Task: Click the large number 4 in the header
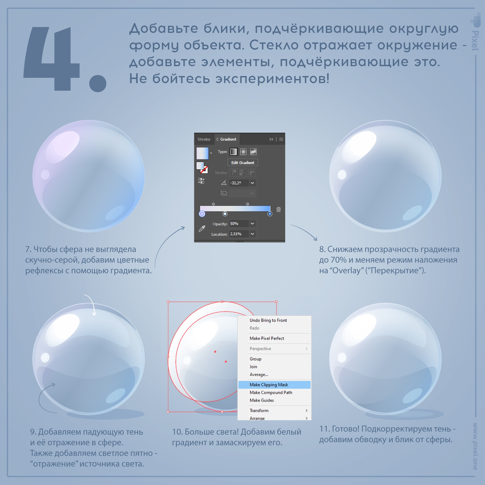pos(52,59)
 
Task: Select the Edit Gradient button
pos(243,162)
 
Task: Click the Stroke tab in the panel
pos(204,139)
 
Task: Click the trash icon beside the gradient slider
pos(279,209)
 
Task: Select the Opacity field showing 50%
pos(239,224)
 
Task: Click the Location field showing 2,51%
pos(239,234)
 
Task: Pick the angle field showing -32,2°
pos(239,183)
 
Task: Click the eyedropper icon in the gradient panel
pos(202,229)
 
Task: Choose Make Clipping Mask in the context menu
pos(269,385)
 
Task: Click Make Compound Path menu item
pos(271,393)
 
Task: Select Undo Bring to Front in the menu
pos(268,320)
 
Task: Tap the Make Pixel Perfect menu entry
pos(267,338)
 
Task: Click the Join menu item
pos(253,367)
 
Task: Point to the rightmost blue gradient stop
pos(270,214)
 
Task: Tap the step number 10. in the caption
pos(177,432)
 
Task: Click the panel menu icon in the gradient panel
pos(281,139)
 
